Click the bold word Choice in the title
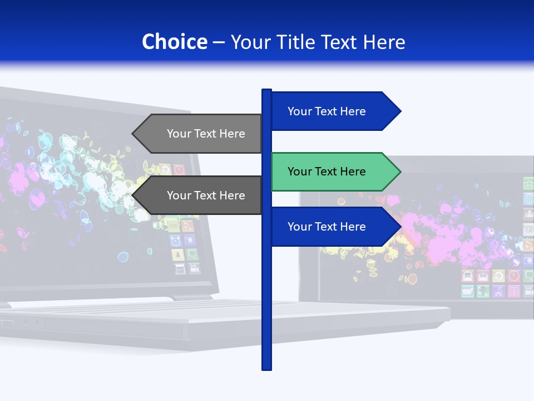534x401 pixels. [x=174, y=42]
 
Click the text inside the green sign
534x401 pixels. [x=327, y=172]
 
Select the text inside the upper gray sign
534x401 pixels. [x=206, y=134]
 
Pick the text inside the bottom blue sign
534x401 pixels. [x=327, y=227]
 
